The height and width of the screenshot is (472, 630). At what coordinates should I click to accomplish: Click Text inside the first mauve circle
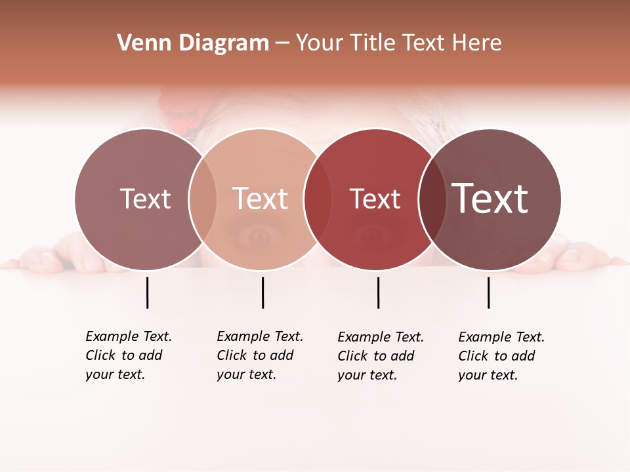tap(145, 199)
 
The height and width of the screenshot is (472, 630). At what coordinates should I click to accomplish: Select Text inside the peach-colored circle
tap(261, 199)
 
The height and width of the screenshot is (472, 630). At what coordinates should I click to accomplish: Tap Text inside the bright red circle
tap(375, 199)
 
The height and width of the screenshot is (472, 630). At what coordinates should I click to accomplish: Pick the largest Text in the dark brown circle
tap(490, 199)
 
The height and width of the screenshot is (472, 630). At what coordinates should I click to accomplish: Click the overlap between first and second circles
tap(203, 199)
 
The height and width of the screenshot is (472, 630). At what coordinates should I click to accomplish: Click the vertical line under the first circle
tap(147, 292)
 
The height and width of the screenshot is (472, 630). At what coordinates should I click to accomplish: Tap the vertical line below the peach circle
tap(262, 292)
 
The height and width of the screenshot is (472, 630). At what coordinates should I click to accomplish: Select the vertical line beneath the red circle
tap(378, 292)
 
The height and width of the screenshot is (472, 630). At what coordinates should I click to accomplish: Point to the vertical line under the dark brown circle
tap(488, 292)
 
